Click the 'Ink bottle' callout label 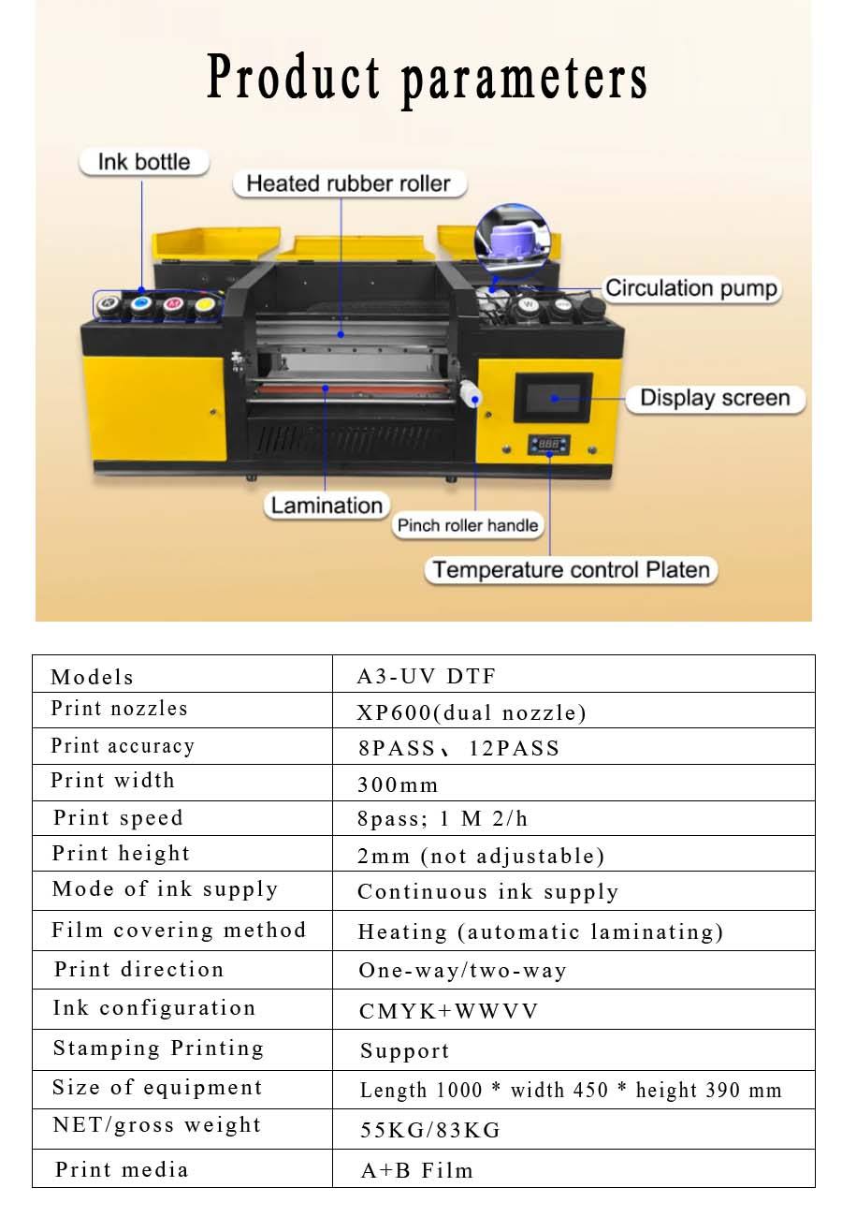pyautogui.click(x=144, y=162)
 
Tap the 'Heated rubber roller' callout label pyautogui.click(x=349, y=183)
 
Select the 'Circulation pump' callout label pyautogui.click(x=691, y=288)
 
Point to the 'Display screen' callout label pyautogui.click(x=715, y=398)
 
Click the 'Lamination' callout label pyautogui.click(x=327, y=506)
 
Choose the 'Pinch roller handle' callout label pyautogui.click(x=468, y=525)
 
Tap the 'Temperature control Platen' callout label pyautogui.click(x=571, y=570)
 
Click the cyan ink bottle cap pyautogui.click(x=140, y=303)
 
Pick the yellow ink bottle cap pyautogui.click(x=205, y=305)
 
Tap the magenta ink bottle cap pyautogui.click(x=173, y=303)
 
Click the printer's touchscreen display pyautogui.click(x=553, y=398)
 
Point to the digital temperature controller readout pyautogui.click(x=549, y=445)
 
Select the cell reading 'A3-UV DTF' pyautogui.click(x=427, y=676)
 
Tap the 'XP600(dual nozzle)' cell pyautogui.click(x=472, y=712)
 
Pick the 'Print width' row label pyautogui.click(x=113, y=780)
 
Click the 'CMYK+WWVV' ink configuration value pyautogui.click(x=448, y=1010)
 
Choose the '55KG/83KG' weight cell pyautogui.click(x=430, y=1130)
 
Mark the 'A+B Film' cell pyautogui.click(x=417, y=1170)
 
